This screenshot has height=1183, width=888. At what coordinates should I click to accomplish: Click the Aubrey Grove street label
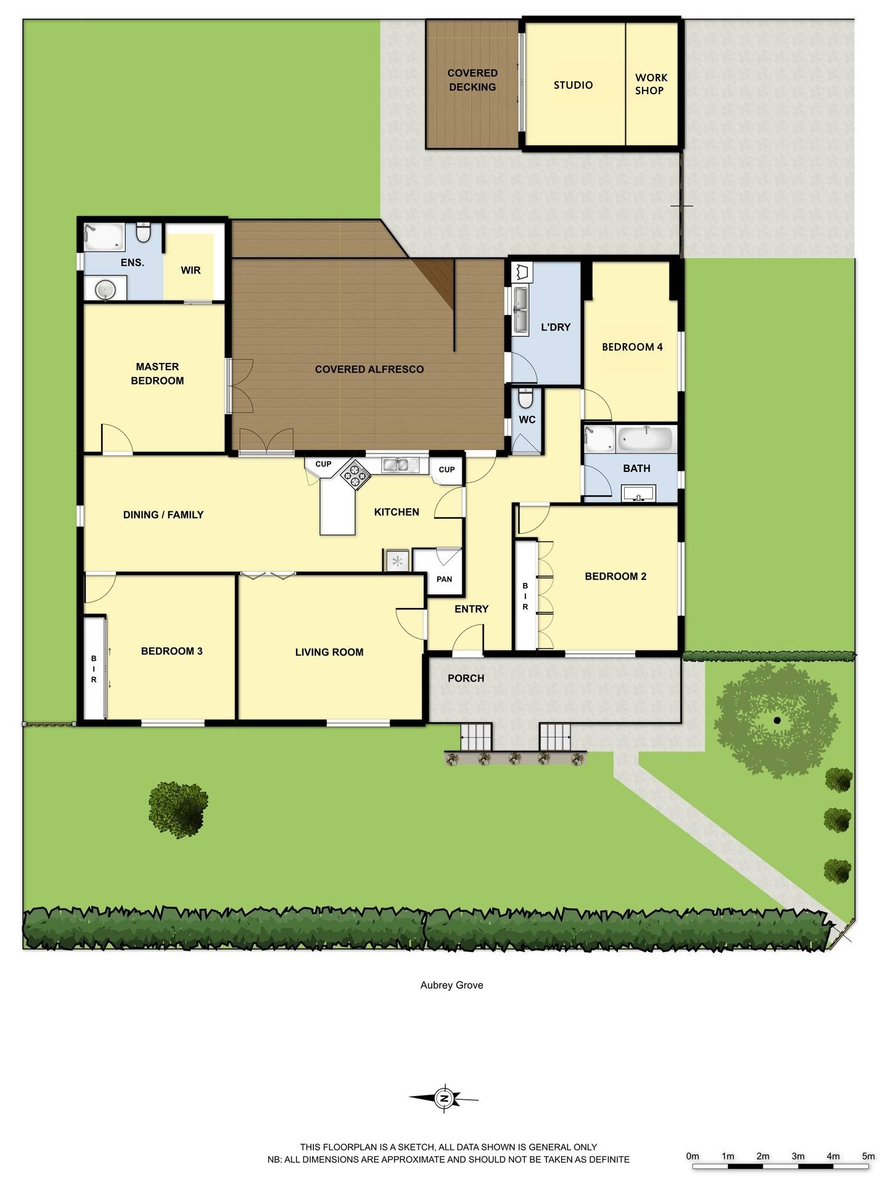point(451,985)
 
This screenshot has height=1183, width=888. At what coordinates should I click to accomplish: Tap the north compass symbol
point(443,1098)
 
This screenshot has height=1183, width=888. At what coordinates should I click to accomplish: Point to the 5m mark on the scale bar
point(868,1156)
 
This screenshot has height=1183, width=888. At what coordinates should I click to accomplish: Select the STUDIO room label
point(573,85)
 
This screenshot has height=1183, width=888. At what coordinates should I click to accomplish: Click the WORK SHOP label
point(651,84)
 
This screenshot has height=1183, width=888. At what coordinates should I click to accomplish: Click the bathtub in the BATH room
point(645,439)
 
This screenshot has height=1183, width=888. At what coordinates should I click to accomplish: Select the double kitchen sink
point(400,465)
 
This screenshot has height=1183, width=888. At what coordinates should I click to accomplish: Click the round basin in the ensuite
point(106,289)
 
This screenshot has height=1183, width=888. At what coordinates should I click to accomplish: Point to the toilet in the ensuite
point(144,232)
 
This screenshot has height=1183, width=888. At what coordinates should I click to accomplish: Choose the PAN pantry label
point(444,579)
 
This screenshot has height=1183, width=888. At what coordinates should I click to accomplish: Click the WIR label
point(191,270)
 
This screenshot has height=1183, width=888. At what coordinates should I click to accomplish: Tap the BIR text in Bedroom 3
point(94,669)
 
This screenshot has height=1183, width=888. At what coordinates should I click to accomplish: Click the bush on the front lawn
point(178,809)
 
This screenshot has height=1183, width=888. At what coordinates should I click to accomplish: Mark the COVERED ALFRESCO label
point(369,369)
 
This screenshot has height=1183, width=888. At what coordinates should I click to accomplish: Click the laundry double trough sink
point(520,310)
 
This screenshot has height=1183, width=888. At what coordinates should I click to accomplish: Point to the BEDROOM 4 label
point(632,347)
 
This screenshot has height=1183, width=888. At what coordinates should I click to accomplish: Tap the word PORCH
point(466,678)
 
